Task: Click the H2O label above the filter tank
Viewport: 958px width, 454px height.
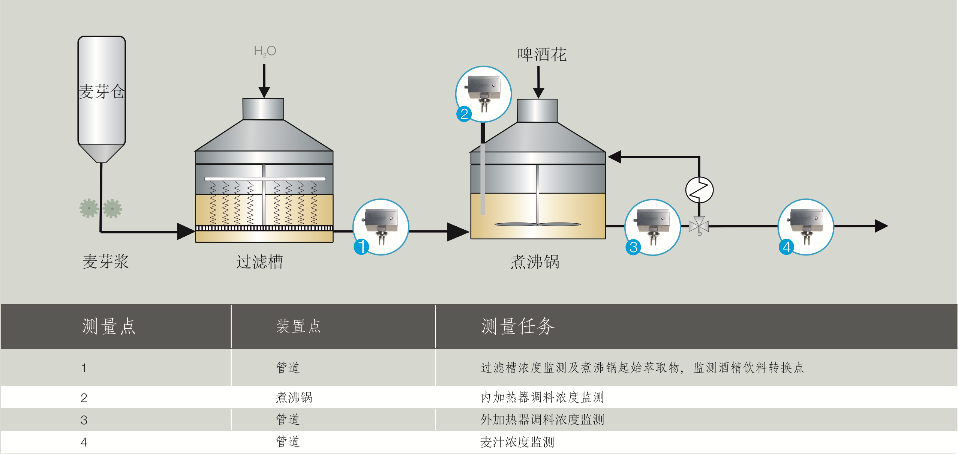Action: coord(265,51)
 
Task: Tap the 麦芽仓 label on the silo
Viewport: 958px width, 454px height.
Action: coord(101,92)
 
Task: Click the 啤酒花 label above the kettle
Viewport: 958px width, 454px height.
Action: coord(542,55)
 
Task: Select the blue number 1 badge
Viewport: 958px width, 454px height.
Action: coord(361,247)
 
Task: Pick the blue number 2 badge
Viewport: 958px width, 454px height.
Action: coord(464,114)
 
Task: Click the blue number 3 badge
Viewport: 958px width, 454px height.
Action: coord(633,247)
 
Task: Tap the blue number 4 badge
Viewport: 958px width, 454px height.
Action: coord(786,247)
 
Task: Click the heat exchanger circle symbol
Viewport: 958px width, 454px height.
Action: coord(699,190)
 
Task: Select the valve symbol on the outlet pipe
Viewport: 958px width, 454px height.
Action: coord(699,226)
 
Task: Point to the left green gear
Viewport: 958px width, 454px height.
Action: coord(89,208)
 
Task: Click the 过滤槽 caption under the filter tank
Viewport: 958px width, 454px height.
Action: coord(259,262)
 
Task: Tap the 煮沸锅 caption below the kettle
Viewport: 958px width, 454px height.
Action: coord(535,262)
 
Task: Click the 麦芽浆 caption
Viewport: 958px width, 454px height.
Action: coord(105,262)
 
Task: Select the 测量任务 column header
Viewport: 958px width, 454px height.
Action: coord(517,326)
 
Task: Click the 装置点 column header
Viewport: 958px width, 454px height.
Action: coord(298,326)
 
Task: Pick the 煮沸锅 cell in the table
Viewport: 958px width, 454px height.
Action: coord(294,397)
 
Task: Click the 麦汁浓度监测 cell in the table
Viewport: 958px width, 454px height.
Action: coord(517,442)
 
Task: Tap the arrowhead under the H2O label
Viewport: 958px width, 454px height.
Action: coord(264,92)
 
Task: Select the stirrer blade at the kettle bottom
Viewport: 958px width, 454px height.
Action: coord(538,224)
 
